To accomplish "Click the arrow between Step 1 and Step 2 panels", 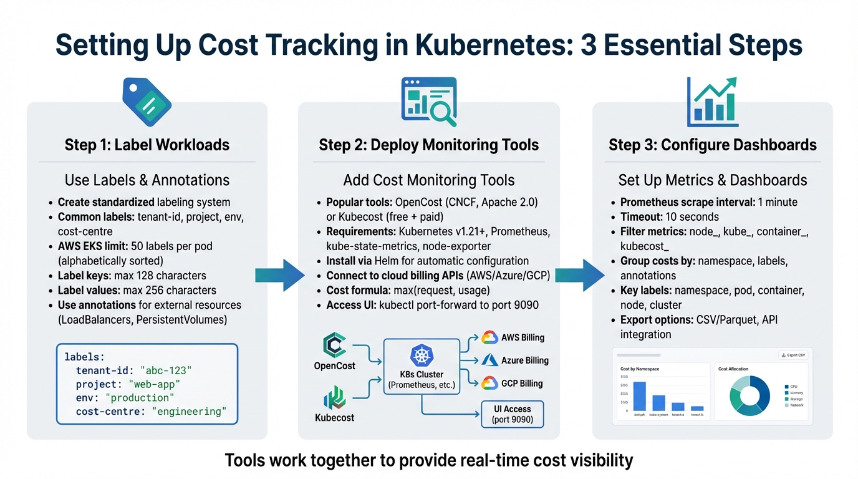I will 280,274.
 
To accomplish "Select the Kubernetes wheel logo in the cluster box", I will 422,356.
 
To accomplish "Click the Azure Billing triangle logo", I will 489,360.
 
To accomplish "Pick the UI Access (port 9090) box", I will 513,414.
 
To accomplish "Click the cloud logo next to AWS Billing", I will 489,337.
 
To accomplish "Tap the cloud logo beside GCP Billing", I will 489,383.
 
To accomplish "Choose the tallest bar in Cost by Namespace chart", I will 639,395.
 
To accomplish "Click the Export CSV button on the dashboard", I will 793,355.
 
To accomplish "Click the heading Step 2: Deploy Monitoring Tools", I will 428,145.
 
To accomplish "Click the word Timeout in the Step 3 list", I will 641,217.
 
